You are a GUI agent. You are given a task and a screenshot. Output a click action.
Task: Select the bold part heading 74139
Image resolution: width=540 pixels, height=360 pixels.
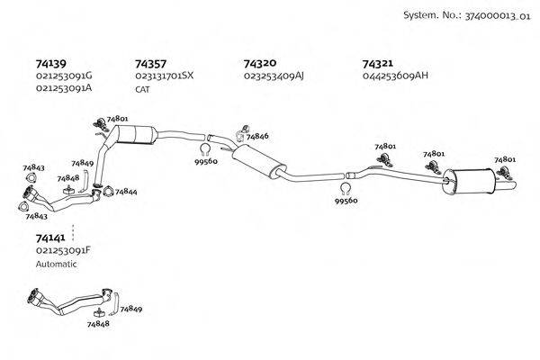tap(50, 64)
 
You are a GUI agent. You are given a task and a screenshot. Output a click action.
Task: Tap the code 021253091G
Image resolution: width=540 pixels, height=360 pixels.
tap(64, 76)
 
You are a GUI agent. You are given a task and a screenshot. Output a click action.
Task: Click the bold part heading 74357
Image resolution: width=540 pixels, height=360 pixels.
tap(149, 64)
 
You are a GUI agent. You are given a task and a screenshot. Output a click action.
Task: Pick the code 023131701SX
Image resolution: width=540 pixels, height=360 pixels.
tap(164, 76)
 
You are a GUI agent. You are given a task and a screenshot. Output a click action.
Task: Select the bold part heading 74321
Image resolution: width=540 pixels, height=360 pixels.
tap(377, 64)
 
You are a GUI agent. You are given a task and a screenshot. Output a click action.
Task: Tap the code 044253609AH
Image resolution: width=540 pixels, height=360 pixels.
tap(395, 76)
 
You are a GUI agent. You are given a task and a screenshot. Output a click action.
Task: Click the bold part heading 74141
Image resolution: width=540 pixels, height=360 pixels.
tap(50, 238)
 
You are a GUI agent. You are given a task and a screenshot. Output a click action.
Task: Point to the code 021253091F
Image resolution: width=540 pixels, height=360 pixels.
tap(64, 250)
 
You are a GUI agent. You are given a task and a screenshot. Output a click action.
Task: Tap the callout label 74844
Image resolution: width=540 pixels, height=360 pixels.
tap(126, 192)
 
